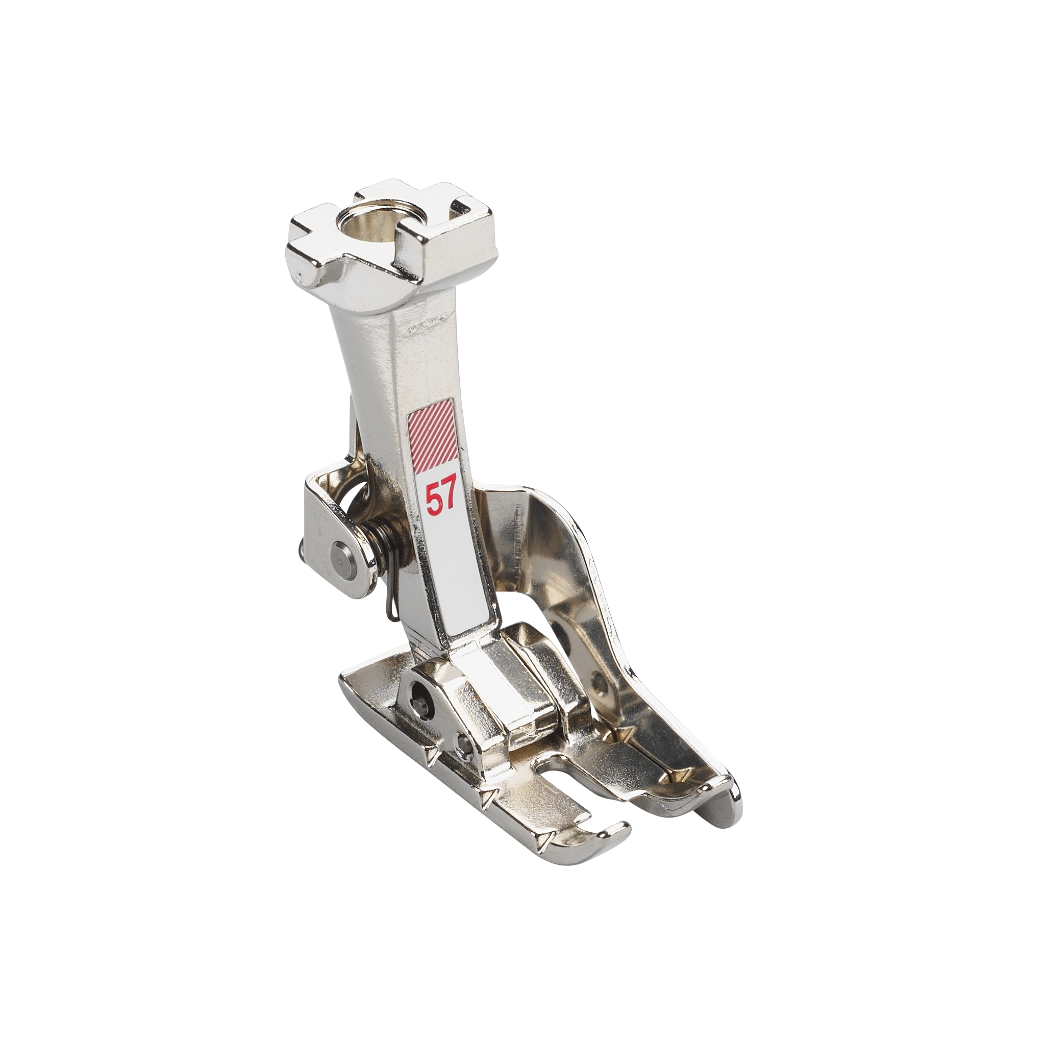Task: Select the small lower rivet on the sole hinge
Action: (463, 741)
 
